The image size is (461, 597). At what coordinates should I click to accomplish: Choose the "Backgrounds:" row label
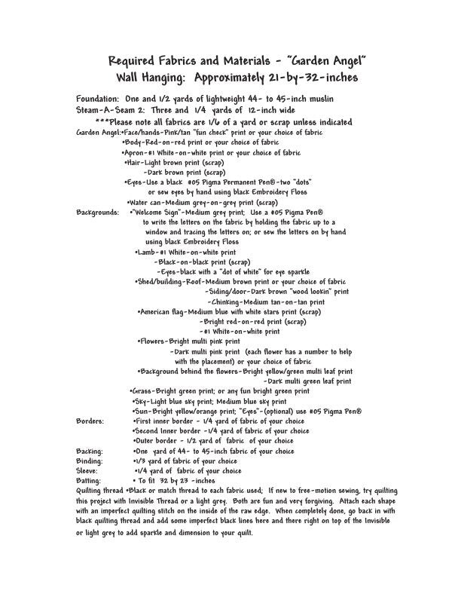point(98,213)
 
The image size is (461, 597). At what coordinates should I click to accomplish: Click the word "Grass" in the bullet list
point(142,391)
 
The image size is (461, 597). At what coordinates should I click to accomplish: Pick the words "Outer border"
point(156,440)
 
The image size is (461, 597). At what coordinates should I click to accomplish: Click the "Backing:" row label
point(90,451)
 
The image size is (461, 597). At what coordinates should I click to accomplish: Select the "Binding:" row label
point(90,461)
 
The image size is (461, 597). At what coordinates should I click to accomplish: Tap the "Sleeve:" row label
point(88,470)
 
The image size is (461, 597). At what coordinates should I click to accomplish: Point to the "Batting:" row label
point(90,480)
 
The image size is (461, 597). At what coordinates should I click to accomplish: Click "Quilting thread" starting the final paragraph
point(100,491)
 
